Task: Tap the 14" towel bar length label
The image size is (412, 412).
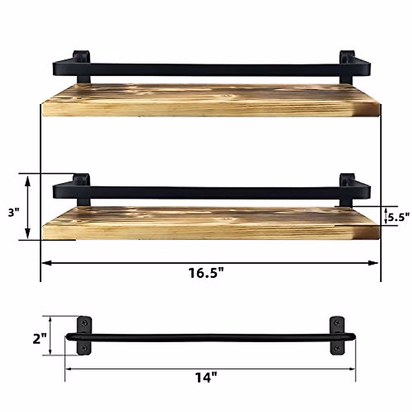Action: coord(206,378)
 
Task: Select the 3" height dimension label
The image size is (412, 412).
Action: coord(14,213)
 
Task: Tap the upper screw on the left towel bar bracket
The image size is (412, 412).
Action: coord(84,322)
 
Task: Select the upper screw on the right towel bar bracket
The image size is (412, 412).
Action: coord(337,322)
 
